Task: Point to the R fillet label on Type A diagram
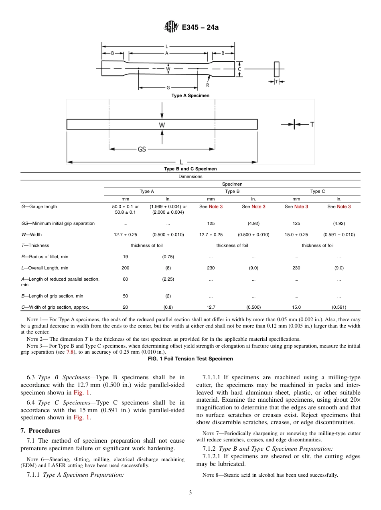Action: (207, 85)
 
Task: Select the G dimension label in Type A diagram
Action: (168, 87)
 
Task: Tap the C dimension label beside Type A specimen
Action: (239, 69)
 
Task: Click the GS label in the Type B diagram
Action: (142, 149)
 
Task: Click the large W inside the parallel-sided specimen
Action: (162, 125)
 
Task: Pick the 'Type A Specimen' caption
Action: (190, 96)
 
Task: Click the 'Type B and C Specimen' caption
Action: (190, 169)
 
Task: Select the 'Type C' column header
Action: (317, 191)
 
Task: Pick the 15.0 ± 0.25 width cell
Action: (296, 235)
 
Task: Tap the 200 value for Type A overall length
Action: (125, 268)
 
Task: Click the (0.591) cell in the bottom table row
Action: (338, 307)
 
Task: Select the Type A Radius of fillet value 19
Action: (125, 257)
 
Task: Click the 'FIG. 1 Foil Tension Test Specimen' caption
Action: (190, 359)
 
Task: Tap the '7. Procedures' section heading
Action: (40, 431)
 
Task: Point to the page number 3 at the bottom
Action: (190, 493)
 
